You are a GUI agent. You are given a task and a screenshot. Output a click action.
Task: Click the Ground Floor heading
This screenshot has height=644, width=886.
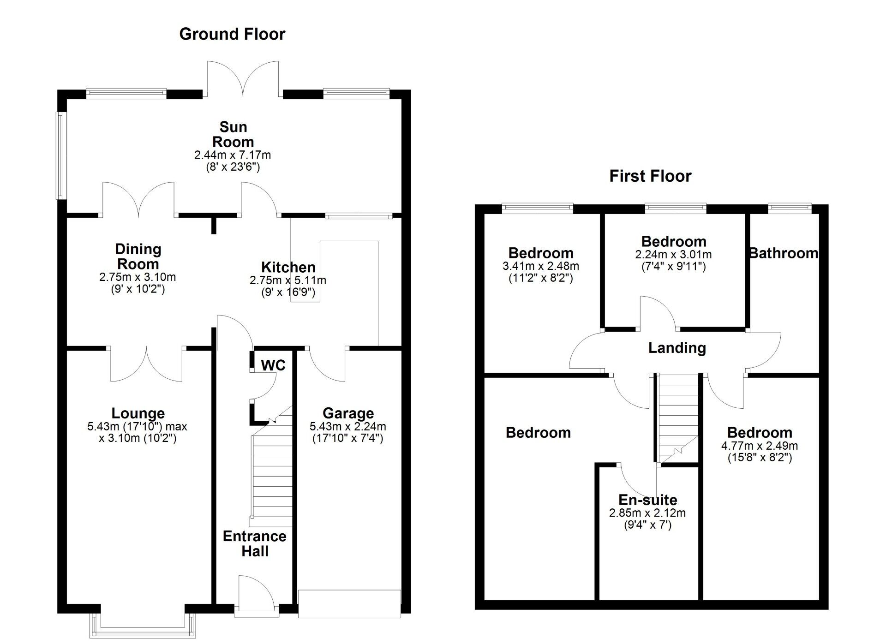232,34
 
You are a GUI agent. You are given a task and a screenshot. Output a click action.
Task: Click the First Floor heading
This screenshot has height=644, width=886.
650,176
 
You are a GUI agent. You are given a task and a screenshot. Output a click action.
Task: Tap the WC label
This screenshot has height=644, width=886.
273,365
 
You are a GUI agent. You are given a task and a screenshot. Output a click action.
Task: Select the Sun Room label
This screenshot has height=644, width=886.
233,134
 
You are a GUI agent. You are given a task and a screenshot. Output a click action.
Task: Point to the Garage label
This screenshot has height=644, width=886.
348,413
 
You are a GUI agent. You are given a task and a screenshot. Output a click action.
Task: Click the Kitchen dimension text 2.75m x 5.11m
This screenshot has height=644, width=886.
288,280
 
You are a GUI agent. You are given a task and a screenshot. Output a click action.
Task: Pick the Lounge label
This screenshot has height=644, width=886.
138,413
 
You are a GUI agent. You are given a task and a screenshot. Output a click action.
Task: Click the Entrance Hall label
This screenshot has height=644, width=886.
255,543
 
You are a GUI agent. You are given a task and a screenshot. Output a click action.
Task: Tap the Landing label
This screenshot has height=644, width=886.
677,348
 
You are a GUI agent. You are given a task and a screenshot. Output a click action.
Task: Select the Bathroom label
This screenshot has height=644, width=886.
784,253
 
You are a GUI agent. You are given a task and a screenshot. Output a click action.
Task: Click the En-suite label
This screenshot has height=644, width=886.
648,500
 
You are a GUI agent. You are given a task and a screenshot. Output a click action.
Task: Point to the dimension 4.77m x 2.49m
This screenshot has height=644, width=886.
760,446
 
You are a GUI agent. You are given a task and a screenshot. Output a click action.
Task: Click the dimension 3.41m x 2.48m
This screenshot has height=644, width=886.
541,266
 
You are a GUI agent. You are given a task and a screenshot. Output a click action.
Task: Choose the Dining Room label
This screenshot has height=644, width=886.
138,256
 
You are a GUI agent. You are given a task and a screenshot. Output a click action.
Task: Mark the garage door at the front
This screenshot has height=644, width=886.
349,603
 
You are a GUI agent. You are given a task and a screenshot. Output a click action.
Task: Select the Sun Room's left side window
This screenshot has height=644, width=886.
60,155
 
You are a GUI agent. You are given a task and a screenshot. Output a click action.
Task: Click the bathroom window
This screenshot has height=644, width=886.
790,208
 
